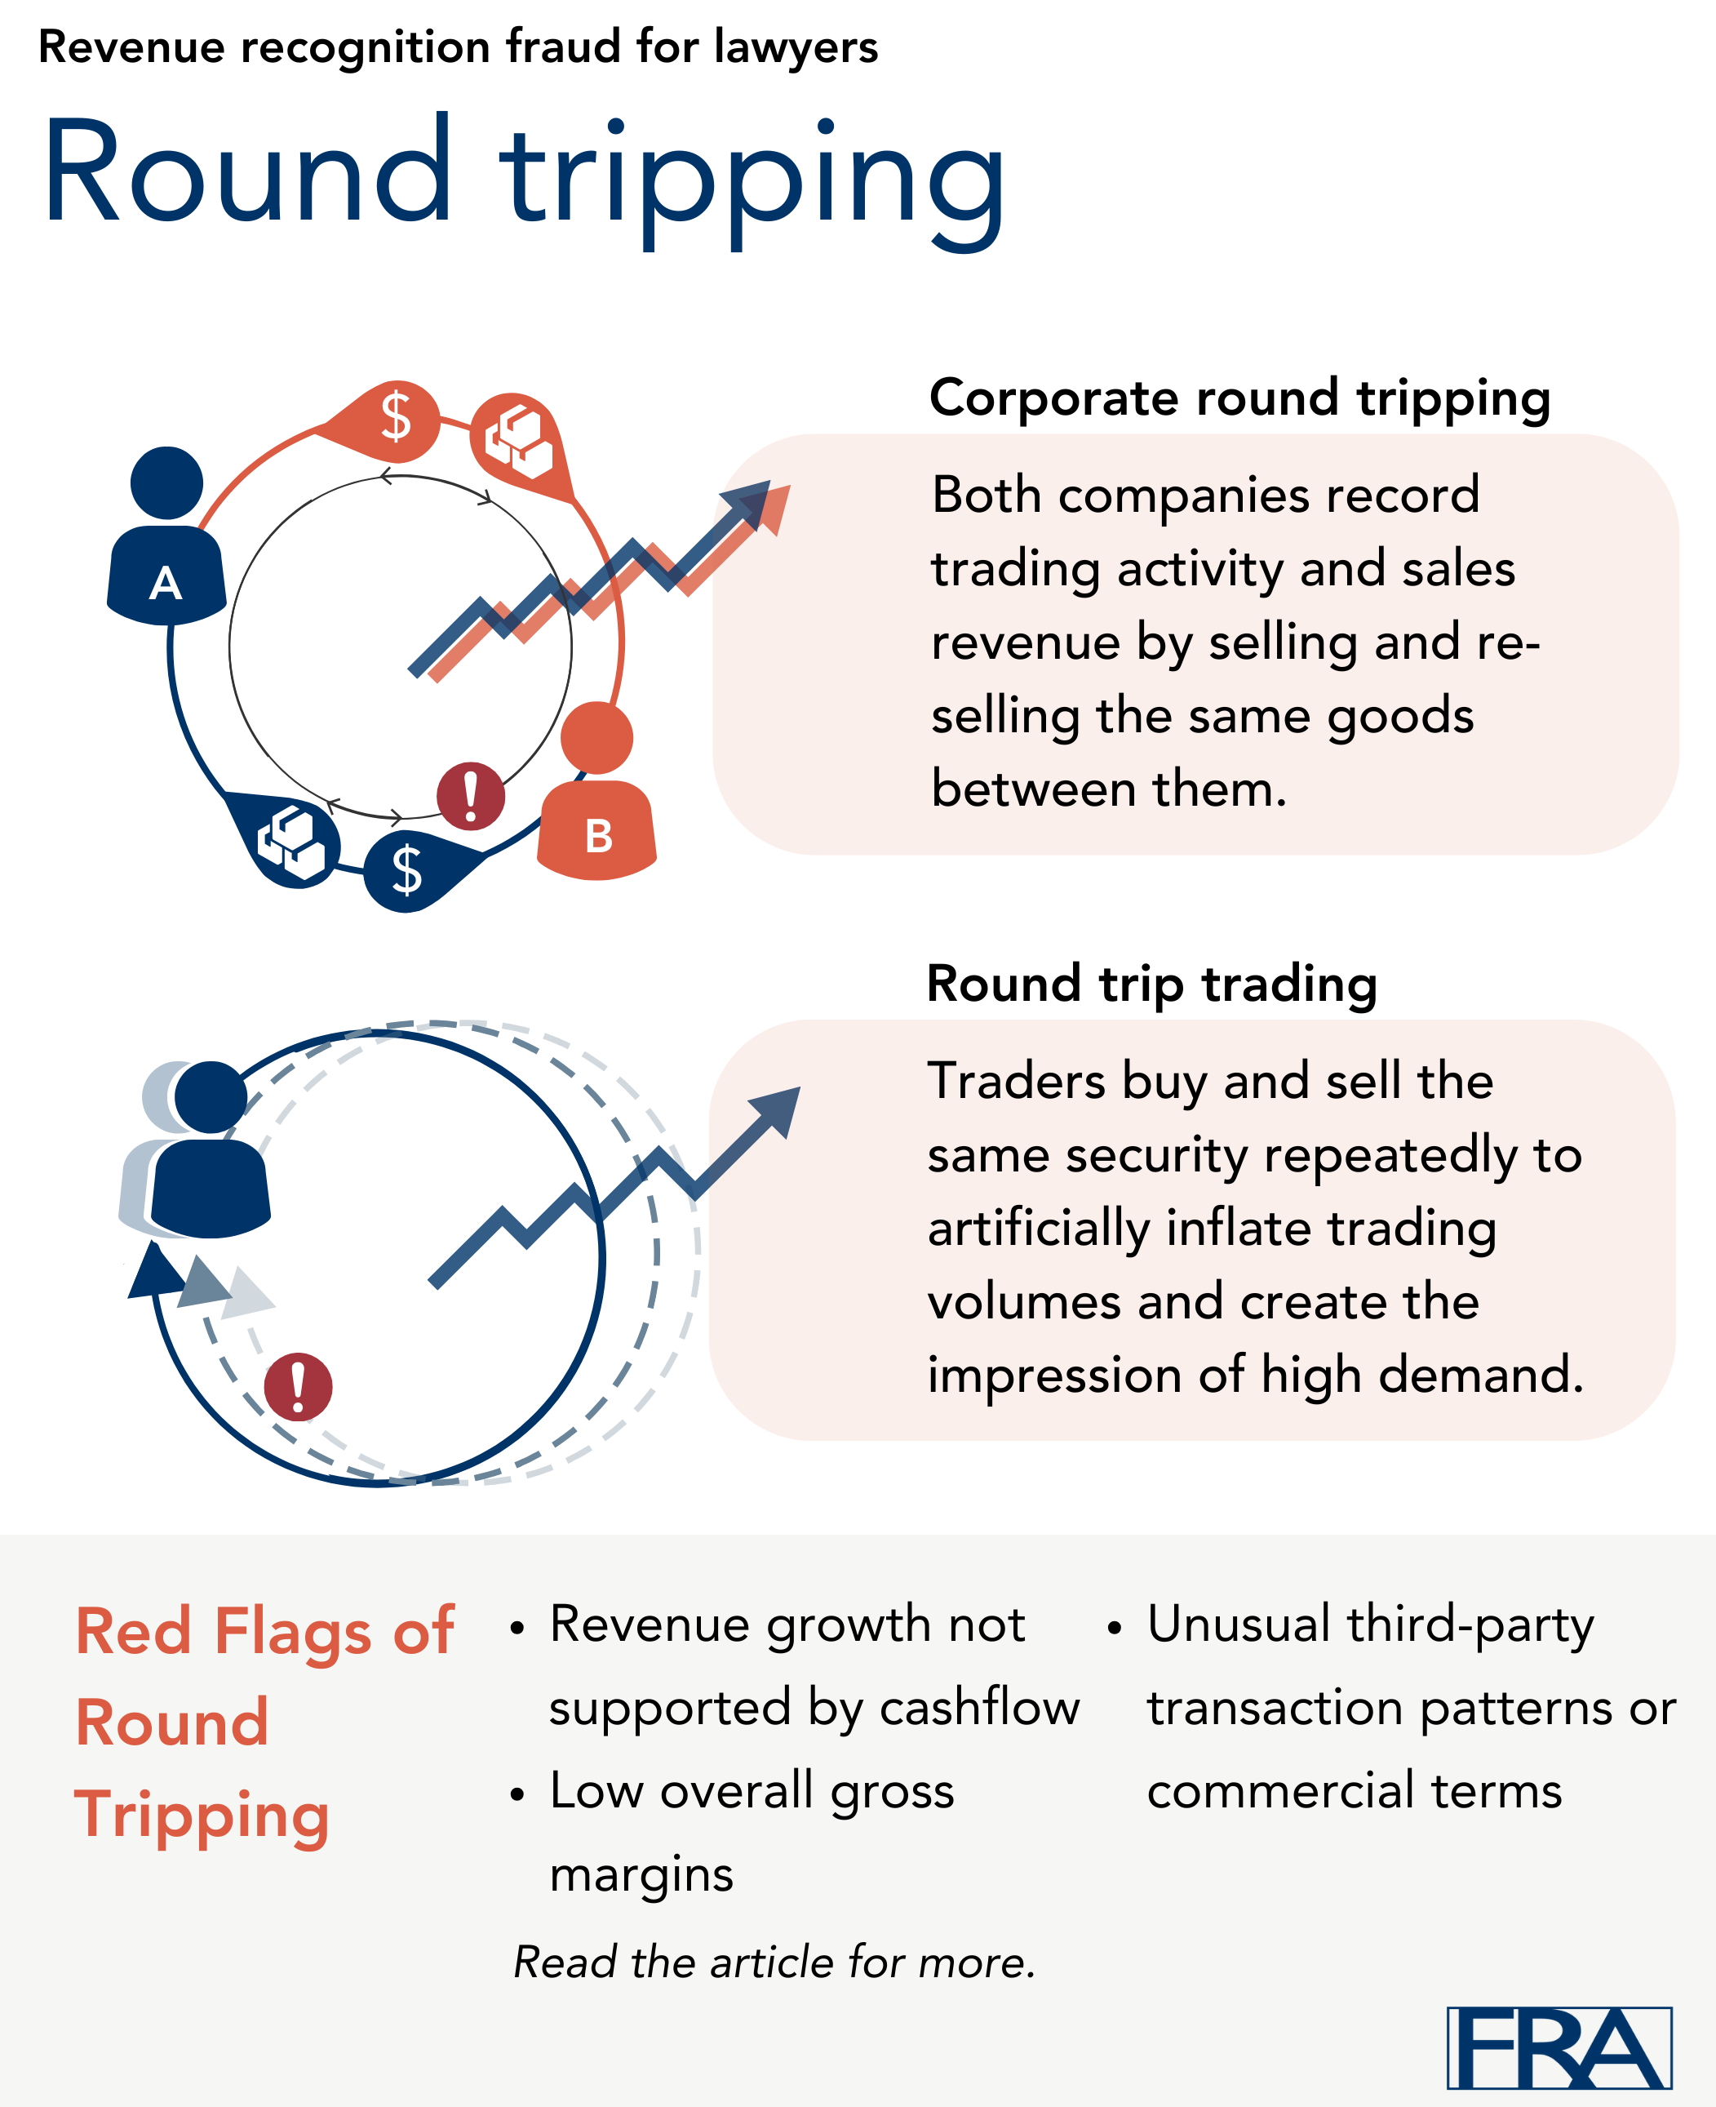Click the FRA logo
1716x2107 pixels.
(1559, 2047)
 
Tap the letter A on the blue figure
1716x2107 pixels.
(165, 584)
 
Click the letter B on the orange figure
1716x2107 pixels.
(599, 837)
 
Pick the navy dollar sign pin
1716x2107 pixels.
(406, 870)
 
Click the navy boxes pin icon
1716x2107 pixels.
(290, 842)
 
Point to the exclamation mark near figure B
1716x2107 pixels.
(471, 795)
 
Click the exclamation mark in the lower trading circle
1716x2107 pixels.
(298, 1386)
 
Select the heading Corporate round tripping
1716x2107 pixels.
(1239, 398)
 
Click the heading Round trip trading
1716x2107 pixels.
(1151, 984)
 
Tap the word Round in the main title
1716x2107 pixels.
(247, 173)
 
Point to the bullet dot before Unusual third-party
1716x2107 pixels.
(1114, 1628)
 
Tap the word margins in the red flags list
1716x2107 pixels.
(641, 1874)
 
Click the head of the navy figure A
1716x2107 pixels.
(166, 482)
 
